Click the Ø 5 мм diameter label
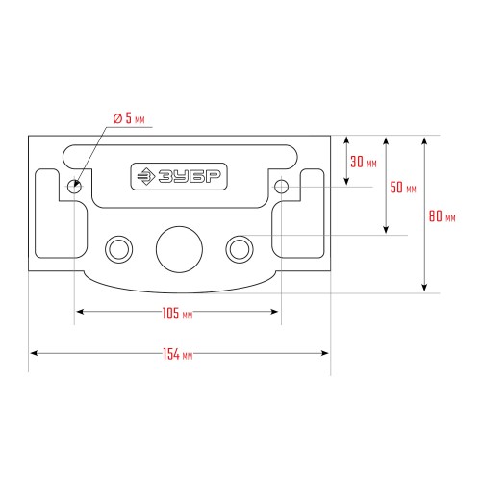(x=129, y=118)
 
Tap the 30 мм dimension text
(x=364, y=162)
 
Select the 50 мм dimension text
(x=403, y=188)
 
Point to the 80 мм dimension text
(x=443, y=216)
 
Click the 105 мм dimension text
(x=177, y=314)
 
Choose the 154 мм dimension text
(x=178, y=354)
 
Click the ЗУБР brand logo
(x=179, y=176)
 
